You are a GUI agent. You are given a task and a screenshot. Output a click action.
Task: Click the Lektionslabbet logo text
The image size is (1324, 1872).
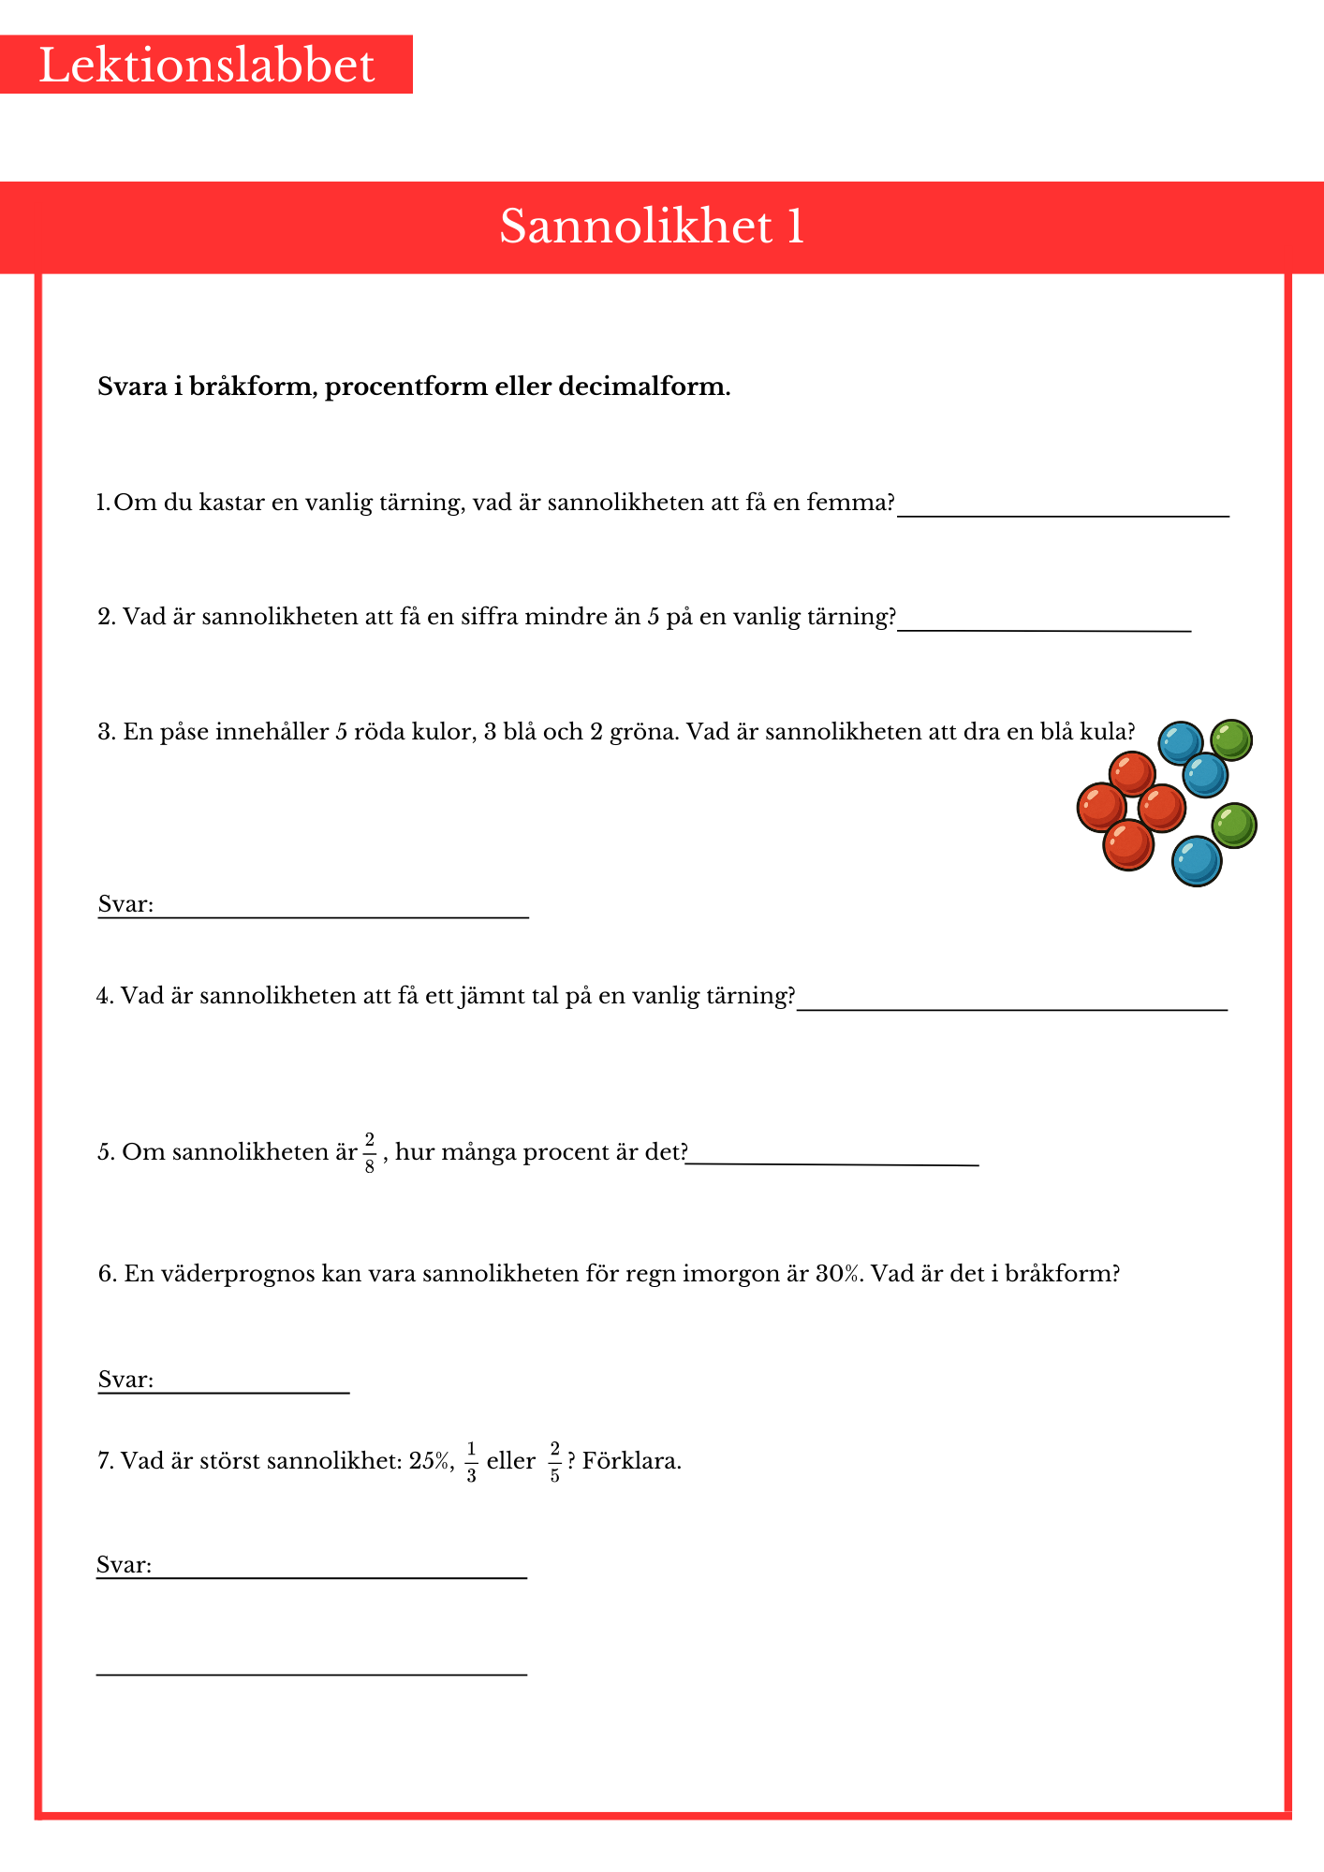point(206,66)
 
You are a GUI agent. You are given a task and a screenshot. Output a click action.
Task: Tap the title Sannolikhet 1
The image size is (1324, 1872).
point(652,227)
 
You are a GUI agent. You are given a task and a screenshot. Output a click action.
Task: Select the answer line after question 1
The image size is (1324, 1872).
point(1063,513)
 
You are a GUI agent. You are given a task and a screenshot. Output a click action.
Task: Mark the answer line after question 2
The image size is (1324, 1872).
point(1044,628)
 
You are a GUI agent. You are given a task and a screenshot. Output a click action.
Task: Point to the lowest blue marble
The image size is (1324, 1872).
point(1196,861)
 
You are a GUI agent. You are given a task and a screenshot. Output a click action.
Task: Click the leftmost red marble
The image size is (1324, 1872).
point(1101,808)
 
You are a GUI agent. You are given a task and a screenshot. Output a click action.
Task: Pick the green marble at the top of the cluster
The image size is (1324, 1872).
point(1231,740)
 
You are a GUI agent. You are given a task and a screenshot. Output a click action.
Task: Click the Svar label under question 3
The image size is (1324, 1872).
point(125,904)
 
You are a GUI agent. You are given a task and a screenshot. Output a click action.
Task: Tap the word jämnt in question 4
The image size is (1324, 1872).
point(493,996)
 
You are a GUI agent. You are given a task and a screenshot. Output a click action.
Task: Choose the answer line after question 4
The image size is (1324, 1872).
point(1011,1007)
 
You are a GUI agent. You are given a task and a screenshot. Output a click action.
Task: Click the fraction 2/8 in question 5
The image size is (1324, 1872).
point(370,1152)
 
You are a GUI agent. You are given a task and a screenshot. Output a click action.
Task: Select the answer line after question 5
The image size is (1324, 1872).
point(833,1163)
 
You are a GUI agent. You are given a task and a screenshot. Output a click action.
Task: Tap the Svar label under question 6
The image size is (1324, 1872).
point(125,1380)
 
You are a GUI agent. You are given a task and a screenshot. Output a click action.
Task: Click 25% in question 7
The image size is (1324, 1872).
point(431,1461)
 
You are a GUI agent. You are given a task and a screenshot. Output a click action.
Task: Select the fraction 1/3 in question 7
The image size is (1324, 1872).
point(471,1462)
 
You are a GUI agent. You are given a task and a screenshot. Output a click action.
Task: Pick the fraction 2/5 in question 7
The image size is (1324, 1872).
point(554,1462)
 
